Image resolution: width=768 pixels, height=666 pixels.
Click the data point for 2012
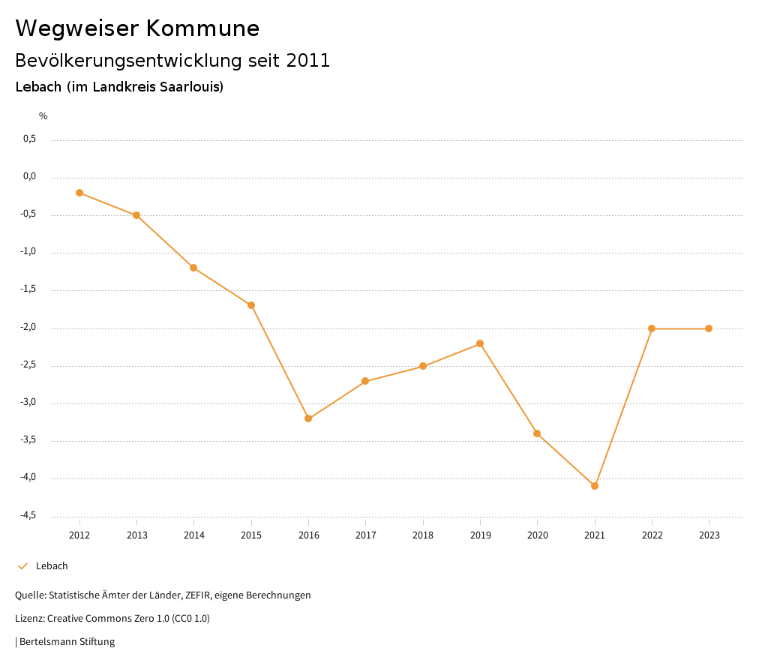(79, 193)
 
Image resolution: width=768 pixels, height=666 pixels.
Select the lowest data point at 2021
(595, 486)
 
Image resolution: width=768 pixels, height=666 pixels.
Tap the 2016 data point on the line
(308, 418)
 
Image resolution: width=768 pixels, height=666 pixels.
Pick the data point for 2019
(480, 343)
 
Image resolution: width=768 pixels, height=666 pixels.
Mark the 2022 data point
(652, 328)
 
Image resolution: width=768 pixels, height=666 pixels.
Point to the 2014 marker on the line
(193, 268)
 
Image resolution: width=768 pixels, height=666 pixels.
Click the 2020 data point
(537, 433)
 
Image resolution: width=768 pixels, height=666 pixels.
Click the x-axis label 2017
(365, 535)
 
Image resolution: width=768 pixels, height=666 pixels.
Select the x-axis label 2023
(709, 535)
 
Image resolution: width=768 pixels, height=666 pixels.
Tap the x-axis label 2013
(136, 535)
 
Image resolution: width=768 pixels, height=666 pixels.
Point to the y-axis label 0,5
(29, 139)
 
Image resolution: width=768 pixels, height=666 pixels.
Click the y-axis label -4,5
(28, 516)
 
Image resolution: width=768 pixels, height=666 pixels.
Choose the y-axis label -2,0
(28, 328)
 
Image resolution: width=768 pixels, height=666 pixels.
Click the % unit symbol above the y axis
(43, 116)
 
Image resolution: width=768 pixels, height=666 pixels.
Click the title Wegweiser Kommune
(137, 28)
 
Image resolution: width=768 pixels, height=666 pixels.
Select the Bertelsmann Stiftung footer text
(67, 642)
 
